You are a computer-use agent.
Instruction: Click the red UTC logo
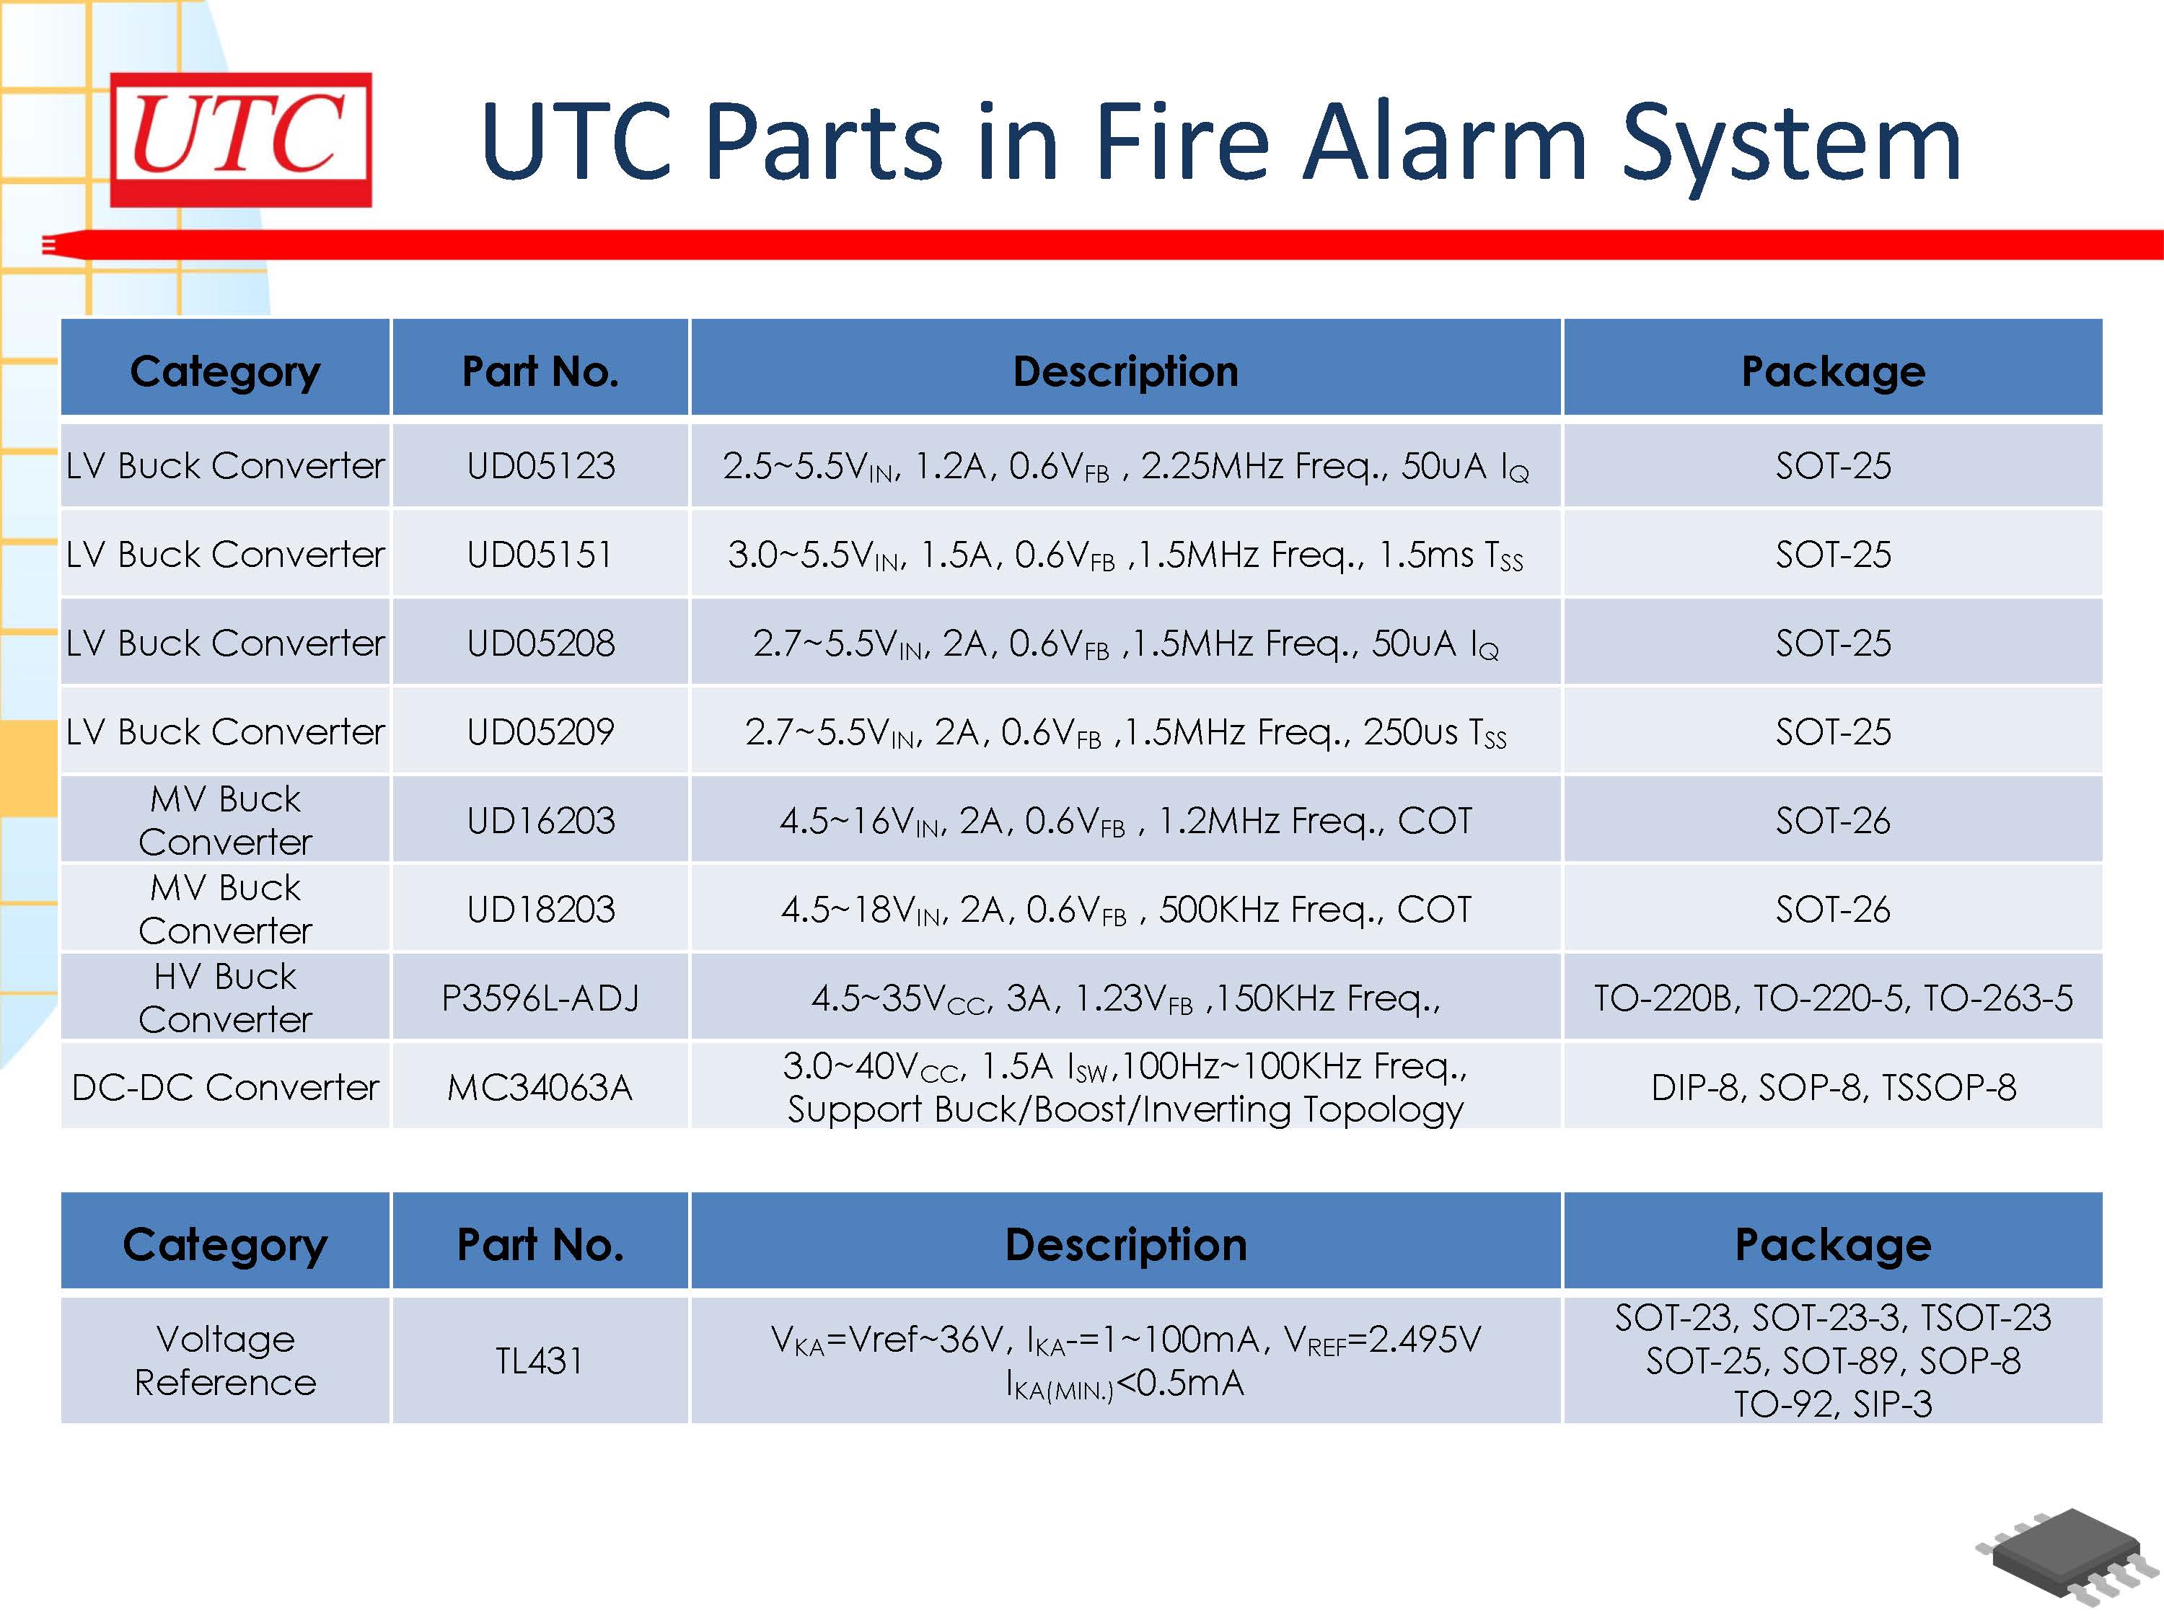coord(241,139)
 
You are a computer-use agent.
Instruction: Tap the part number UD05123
coord(540,466)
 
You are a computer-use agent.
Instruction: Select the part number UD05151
coord(540,555)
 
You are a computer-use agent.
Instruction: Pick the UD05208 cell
coord(540,643)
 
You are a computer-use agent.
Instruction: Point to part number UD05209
coord(540,731)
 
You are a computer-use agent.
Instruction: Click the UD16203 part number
coord(540,820)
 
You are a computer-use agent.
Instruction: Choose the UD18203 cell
coord(540,909)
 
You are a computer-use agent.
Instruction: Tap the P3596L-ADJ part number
coord(540,998)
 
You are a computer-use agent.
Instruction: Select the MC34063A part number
coord(540,1087)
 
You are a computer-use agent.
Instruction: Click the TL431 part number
coord(540,1360)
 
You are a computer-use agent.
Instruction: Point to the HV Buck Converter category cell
coord(225,997)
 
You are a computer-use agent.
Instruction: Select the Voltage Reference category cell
coord(225,1360)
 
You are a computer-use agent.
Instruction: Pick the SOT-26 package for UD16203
coord(1834,820)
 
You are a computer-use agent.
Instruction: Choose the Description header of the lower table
coord(1126,1244)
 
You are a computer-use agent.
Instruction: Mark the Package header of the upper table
coord(1834,371)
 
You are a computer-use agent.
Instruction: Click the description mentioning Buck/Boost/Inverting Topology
coord(1126,1087)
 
